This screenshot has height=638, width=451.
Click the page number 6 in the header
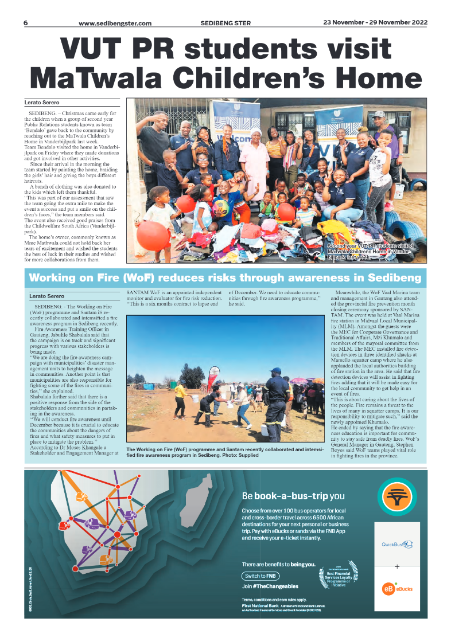pyautogui.click(x=26, y=23)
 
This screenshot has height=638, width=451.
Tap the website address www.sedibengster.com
pyautogui.click(x=115, y=24)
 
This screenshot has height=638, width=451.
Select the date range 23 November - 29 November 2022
pyautogui.click(x=375, y=23)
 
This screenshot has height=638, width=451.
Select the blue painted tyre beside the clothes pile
pyautogui.click(x=405, y=226)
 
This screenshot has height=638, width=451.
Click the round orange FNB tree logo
pyautogui.click(x=397, y=498)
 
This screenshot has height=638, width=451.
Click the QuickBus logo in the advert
pyautogui.click(x=396, y=544)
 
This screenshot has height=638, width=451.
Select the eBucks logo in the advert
pyautogui.click(x=396, y=588)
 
